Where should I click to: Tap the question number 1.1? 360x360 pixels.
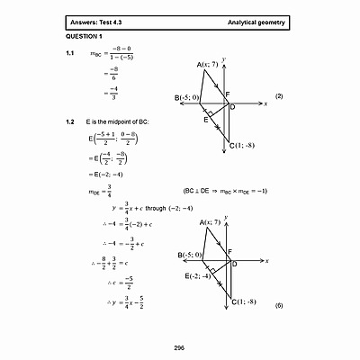click(x=70, y=54)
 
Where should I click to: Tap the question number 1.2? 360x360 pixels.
click(x=70, y=121)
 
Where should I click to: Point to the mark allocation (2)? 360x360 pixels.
click(x=279, y=96)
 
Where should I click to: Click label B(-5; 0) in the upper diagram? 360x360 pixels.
click(x=187, y=97)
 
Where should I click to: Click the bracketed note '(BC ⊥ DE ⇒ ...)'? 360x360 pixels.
click(x=225, y=191)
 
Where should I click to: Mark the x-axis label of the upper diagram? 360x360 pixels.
click(x=266, y=105)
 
